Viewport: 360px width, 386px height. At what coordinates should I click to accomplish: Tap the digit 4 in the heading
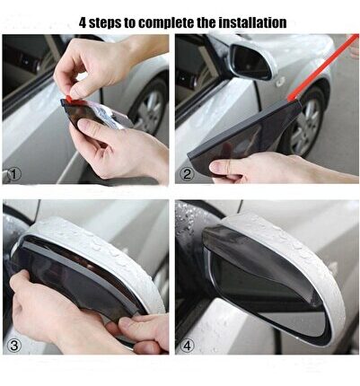click(x=83, y=22)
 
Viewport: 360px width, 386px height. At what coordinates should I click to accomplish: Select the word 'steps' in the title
click(x=105, y=23)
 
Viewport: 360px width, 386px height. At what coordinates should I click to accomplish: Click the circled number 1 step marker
click(x=14, y=174)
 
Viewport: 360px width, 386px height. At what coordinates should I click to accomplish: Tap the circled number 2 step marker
click(x=187, y=174)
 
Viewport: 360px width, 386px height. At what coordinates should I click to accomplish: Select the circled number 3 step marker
click(x=14, y=346)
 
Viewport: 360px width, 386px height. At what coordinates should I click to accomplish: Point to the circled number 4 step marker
click(x=187, y=346)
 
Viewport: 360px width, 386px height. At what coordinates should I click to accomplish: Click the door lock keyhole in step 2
click(x=280, y=81)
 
